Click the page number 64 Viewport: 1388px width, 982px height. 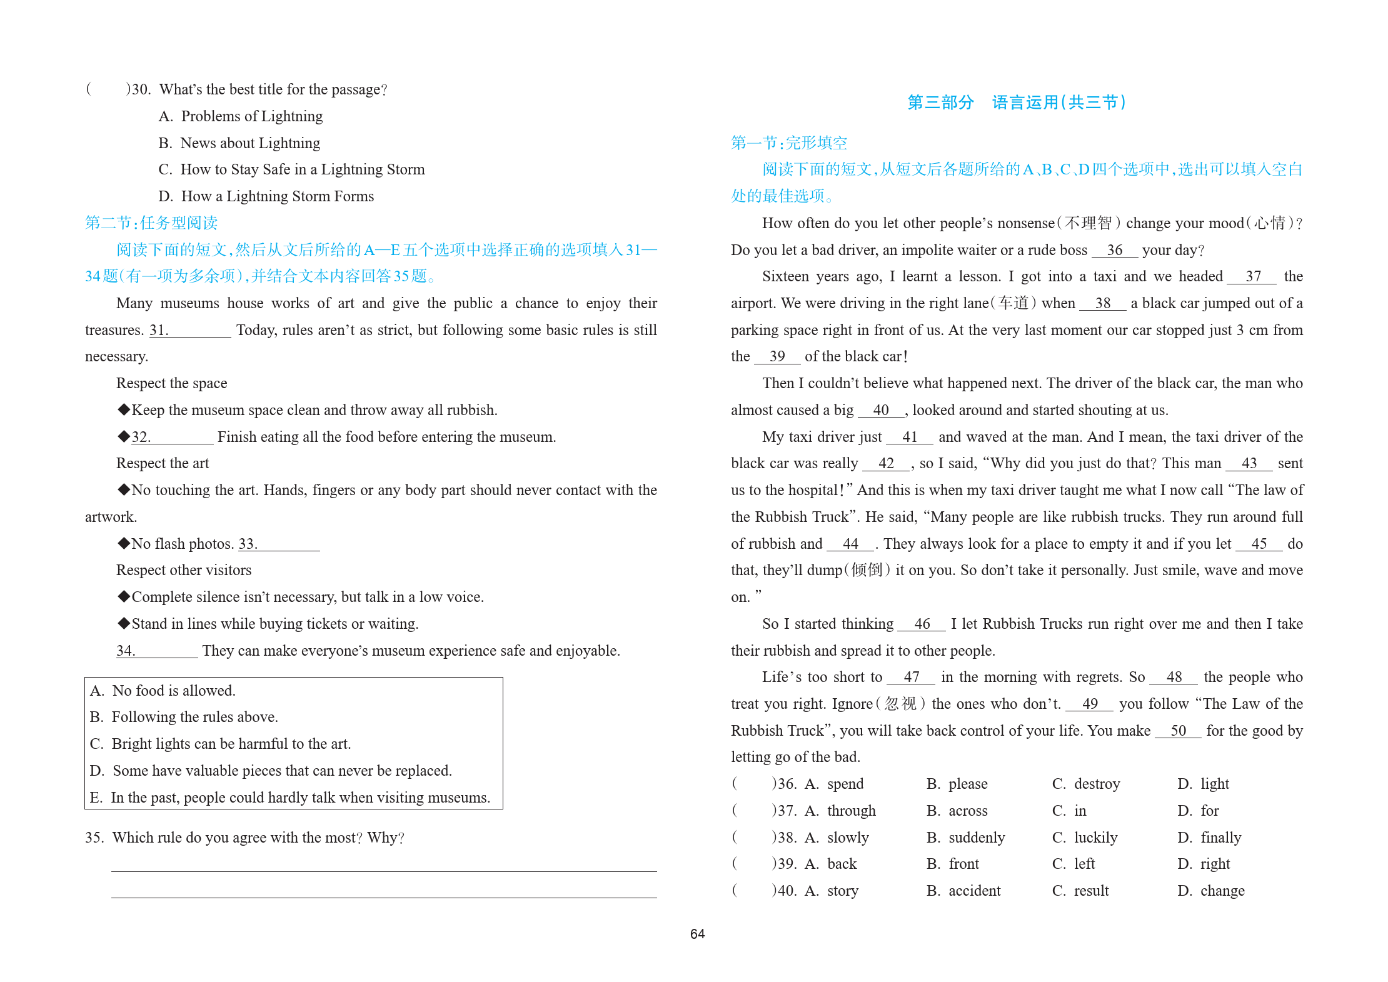tap(697, 934)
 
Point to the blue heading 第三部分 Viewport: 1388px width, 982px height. tap(940, 103)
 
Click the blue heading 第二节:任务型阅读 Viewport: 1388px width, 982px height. tap(151, 223)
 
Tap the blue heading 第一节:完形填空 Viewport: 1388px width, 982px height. tap(788, 143)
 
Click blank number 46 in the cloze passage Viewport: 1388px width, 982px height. tap(922, 624)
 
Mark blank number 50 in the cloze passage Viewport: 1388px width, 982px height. tap(1178, 731)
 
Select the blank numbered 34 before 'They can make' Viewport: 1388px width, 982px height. tap(156, 651)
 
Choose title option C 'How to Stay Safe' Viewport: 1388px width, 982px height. tap(291, 169)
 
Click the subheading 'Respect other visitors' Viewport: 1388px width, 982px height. tap(184, 570)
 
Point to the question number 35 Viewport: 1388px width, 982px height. tap(94, 838)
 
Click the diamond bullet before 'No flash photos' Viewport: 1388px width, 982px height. tap(124, 543)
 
